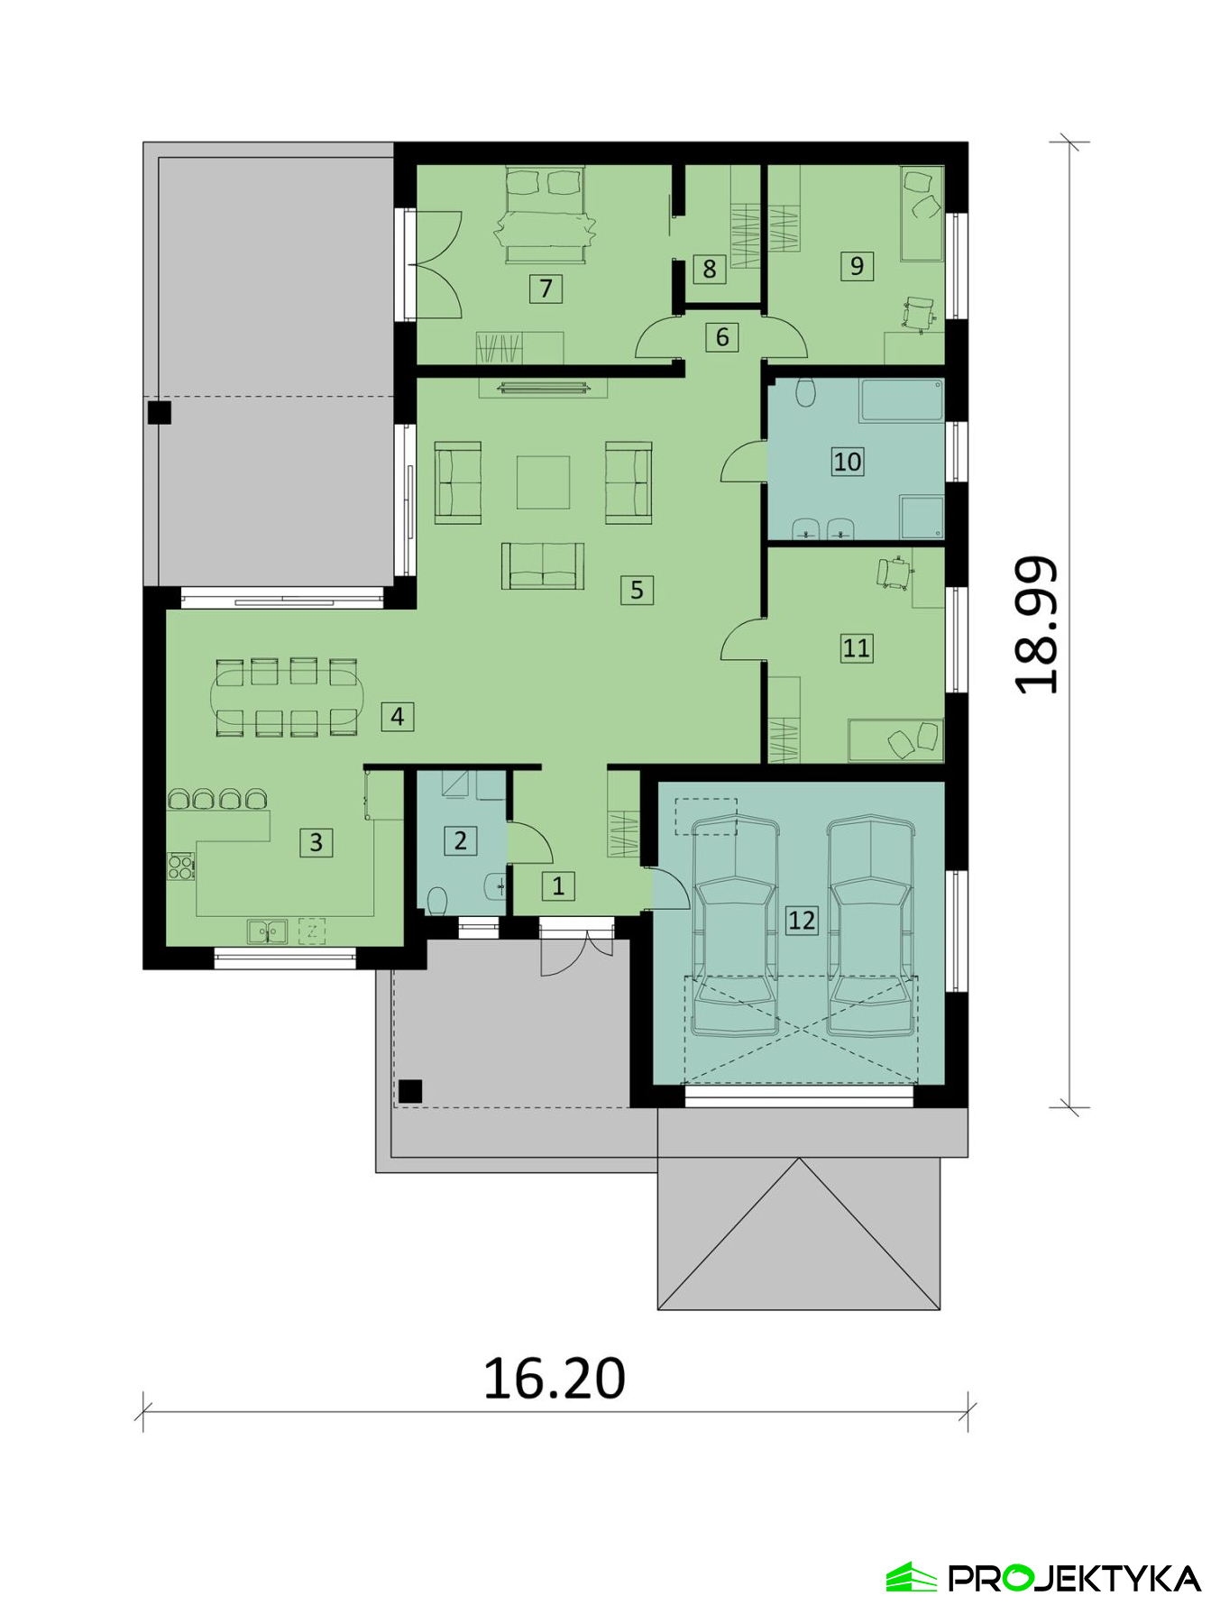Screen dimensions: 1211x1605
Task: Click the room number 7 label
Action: [546, 289]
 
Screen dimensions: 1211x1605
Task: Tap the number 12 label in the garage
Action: [802, 920]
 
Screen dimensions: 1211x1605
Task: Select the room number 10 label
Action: [847, 462]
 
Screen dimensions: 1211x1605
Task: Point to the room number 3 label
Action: [316, 842]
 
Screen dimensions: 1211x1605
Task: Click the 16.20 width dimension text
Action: [554, 1378]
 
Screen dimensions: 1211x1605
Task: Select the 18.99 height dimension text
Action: [1036, 625]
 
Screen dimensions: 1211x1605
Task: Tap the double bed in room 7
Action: [545, 215]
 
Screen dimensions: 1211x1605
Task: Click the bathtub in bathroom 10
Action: [902, 400]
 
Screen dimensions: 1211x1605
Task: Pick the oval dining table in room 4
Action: [287, 698]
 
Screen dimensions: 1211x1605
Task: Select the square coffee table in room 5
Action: [543, 482]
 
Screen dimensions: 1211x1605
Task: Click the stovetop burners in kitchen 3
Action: [180, 867]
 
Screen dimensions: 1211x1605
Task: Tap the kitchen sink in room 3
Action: [267, 931]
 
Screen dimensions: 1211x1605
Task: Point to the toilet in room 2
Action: [437, 900]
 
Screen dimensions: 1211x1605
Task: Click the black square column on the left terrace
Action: [160, 413]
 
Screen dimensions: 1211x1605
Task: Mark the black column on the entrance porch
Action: [410, 1091]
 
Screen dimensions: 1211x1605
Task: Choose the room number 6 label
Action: [721, 337]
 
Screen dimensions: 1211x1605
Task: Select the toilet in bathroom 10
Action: [805, 392]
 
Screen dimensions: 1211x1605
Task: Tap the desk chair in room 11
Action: [894, 573]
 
